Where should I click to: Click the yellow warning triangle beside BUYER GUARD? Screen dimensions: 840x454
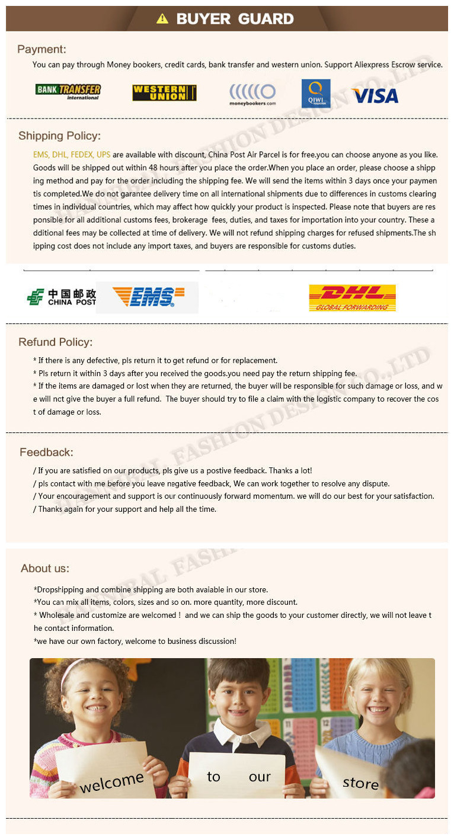162,19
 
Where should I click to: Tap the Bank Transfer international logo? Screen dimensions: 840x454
68,92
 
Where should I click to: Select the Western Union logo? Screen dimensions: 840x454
164,93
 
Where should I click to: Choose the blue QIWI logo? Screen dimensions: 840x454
316,94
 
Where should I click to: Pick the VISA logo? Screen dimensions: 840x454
375,96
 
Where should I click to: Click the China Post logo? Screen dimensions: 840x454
61,297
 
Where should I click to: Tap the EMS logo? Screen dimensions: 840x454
148,297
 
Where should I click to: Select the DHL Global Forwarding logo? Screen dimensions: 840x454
352,298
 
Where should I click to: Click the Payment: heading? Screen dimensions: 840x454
41,49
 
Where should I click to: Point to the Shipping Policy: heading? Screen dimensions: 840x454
59,136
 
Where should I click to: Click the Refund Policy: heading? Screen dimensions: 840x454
56,342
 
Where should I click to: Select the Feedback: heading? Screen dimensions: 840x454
46,452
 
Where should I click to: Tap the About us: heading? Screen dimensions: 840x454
45,568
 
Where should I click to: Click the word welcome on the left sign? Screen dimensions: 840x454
111,782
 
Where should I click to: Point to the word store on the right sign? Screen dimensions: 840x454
360,783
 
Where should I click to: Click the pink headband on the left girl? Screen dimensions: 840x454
74,668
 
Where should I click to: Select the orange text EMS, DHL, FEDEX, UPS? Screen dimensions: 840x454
72,155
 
